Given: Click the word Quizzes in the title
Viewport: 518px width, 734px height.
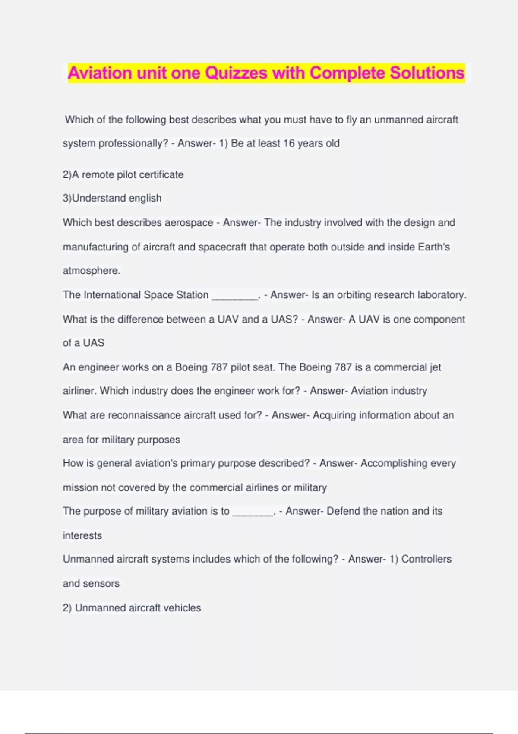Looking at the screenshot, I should (x=236, y=73).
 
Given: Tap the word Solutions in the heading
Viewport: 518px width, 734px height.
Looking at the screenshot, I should (x=427, y=73).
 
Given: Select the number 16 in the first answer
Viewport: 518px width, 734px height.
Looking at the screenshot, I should (x=289, y=143).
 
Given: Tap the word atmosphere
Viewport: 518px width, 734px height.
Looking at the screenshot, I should (x=91, y=271).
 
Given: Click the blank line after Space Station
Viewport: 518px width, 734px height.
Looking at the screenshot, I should (x=235, y=297).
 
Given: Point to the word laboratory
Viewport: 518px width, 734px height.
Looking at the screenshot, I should (x=442, y=295).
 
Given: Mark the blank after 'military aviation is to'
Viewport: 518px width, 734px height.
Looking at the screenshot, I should (x=253, y=513).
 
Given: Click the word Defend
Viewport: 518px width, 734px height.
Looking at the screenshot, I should (x=343, y=511).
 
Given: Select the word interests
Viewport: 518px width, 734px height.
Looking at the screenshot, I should (x=82, y=535).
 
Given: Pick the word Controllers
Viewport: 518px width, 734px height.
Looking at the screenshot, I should (x=426, y=559).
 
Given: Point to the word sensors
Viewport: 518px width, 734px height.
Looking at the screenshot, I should (x=103, y=583).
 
